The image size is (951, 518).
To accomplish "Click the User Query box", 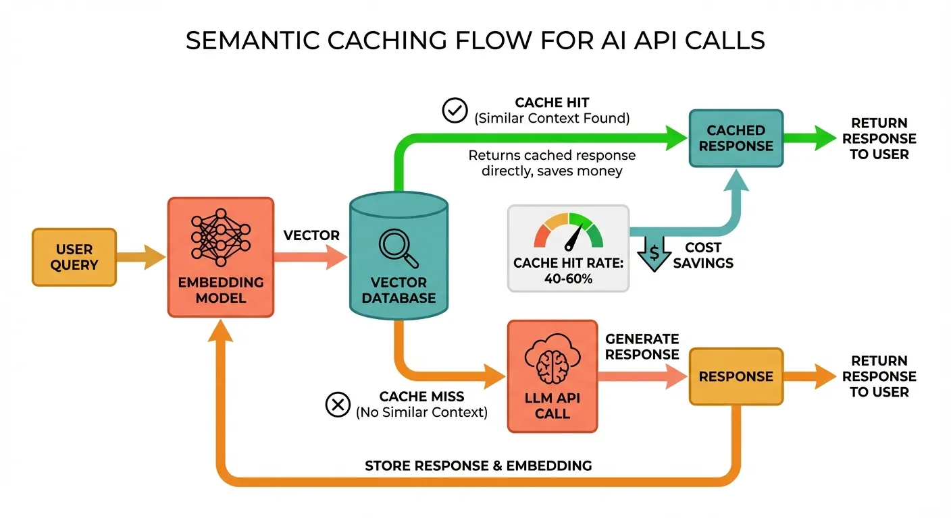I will pyautogui.click(x=74, y=257).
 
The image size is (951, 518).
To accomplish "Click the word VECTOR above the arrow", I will pyautogui.click(x=311, y=235).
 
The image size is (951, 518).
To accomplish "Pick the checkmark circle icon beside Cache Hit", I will pyautogui.click(x=455, y=110).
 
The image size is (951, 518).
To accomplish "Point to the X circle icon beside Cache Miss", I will pyautogui.click(x=337, y=404).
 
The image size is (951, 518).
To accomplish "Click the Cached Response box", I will pyautogui.click(x=736, y=138).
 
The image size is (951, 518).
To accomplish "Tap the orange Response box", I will pyautogui.click(x=736, y=376).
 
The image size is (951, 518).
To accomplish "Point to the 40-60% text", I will pyautogui.click(x=568, y=278).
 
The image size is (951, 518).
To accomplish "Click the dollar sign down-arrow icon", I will pyautogui.click(x=653, y=253).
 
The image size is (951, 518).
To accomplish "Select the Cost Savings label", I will pyautogui.click(x=703, y=255).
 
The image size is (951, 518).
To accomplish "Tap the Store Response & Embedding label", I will pyautogui.click(x=478, y=466).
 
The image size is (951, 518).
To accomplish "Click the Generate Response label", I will pyautogui.click(x=642, y=346).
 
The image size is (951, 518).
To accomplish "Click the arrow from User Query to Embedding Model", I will pyautogui.click(x=142, y=257).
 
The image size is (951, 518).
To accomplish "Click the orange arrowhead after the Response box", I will pyautogui.click(x=825, y=376).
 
